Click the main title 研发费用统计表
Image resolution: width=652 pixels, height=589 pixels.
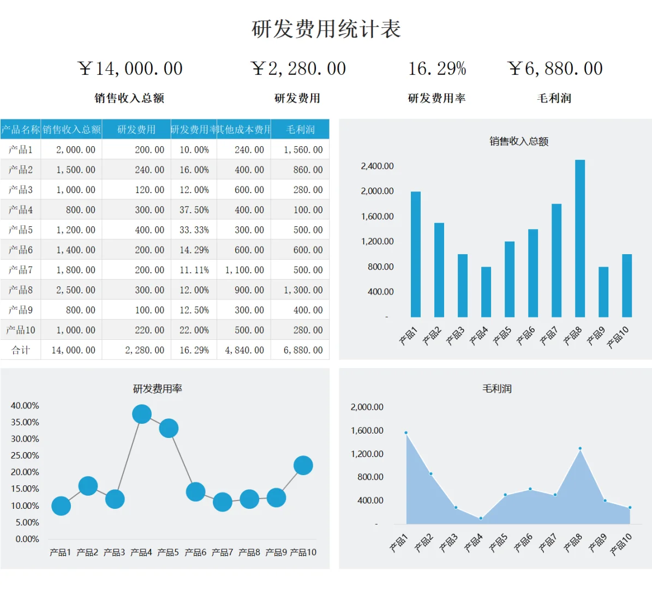point(326,29)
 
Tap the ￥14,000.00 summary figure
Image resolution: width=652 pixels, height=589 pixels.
point(130,69)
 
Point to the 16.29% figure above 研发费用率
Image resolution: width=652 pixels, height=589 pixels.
point(437,69)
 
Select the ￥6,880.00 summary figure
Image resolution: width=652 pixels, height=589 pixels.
point(554,69)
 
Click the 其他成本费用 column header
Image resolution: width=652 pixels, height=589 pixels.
point(244,129)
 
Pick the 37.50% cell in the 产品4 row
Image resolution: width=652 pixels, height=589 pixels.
point(194,210)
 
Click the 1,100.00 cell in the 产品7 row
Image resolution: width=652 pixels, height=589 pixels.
point(244,270)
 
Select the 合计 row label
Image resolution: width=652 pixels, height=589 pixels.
point(21,350)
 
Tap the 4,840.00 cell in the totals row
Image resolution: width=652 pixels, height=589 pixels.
point(244,350)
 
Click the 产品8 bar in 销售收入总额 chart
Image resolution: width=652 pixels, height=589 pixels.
point(580,238)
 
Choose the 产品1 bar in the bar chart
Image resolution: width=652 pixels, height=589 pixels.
point(416,254)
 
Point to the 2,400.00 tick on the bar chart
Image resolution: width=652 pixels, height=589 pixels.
point(377,166)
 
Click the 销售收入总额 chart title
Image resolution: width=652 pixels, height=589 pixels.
point(518,141)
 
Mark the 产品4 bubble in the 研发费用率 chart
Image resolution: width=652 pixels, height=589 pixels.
point(142,414)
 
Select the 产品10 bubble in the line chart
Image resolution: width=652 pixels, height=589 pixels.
point(303,465)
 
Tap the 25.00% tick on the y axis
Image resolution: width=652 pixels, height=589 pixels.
point(25,455)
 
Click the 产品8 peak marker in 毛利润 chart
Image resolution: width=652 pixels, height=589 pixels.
point(580,448)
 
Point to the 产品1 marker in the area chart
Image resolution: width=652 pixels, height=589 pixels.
point(406,432)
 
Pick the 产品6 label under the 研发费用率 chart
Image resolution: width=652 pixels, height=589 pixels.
point(195,552)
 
